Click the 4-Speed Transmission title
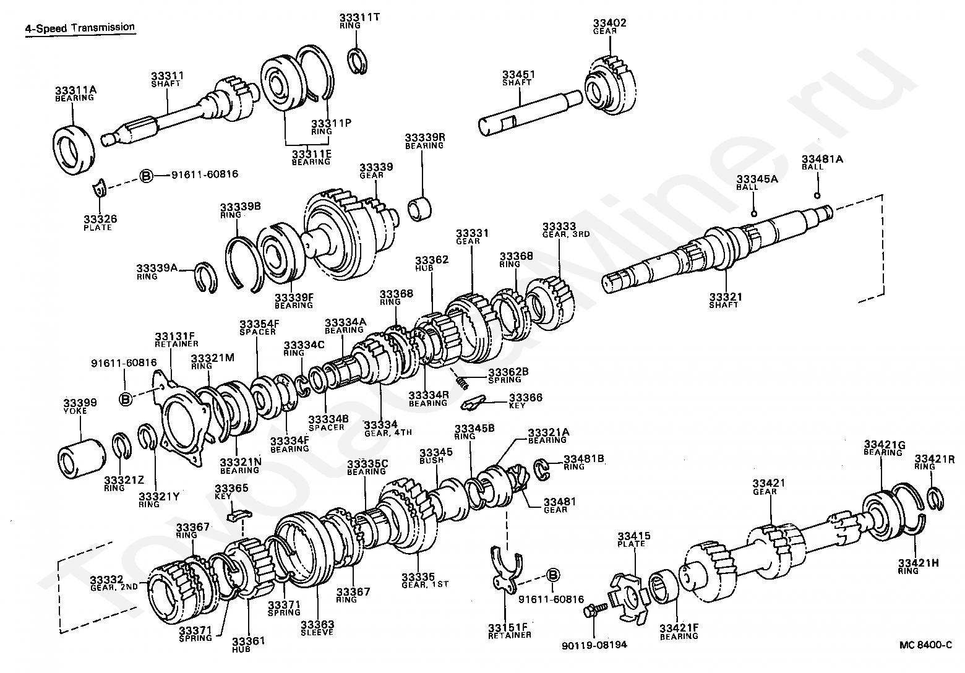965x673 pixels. click(x=80, y=28)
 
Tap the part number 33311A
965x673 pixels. click(x=75, y=90)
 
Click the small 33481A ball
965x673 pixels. click(x=818, y=196)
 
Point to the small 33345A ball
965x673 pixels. click(x=753, y=213)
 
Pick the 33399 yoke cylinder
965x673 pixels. click(x=82, y=458)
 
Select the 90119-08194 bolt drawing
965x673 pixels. click(x=590, y=612)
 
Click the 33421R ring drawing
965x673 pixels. click(x=935, y=497)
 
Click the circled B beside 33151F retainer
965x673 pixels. click(x=553, y=575)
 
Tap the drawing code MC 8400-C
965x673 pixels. click(x=925, y=645)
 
